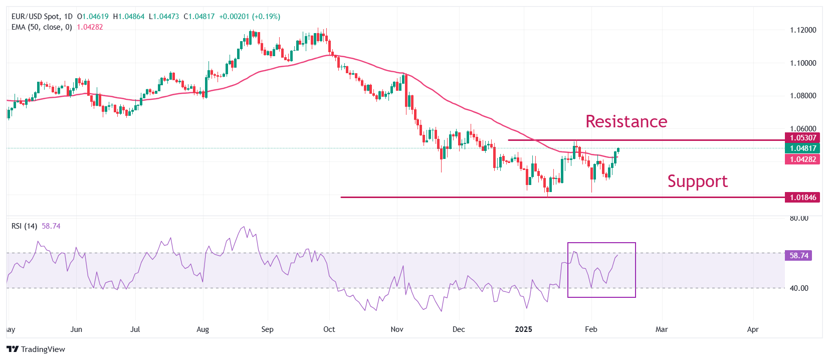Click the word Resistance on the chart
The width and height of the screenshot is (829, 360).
(x=626, y=121)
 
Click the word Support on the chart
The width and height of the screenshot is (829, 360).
(x=697, y=181)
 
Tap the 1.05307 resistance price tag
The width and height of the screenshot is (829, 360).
(x=803, y=138)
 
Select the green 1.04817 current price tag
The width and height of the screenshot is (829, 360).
(x=803, y=148)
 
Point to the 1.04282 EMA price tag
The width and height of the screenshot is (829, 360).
(x=803, y=159)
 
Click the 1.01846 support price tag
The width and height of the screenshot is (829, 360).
(x=803, y=198)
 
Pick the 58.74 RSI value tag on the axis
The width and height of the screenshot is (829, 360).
(x=799, y=256)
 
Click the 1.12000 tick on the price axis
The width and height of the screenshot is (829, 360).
(x=803, y=30)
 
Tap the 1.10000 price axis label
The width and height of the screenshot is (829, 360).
(x=803, y=63)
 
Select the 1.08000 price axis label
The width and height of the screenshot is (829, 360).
(x=803, y=96)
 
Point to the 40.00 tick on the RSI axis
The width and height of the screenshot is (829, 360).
(x=799, y=288)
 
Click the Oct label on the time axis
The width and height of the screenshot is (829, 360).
(x=329, y=329)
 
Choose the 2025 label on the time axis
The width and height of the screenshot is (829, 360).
(x=524, y=329)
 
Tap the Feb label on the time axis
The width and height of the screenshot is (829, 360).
(x=591, y=329)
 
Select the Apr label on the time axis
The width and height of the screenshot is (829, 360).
(x=752, y=329)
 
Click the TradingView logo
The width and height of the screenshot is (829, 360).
(x=36, y=349)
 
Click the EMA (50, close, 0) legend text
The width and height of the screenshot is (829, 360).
(x=42, y=27)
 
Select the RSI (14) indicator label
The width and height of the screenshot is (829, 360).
(x=24, y=226)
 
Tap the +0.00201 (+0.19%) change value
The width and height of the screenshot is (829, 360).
(x=250, y=17)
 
